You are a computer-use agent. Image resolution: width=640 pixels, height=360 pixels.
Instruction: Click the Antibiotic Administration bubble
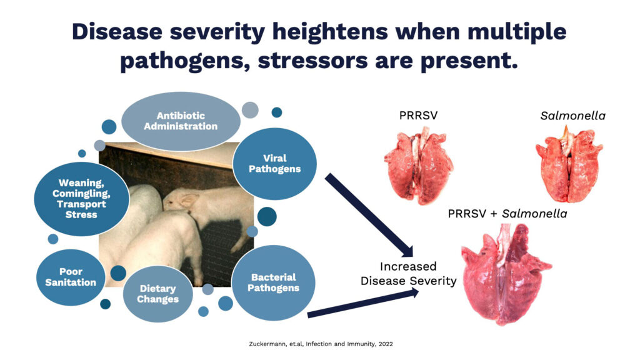point(181,121)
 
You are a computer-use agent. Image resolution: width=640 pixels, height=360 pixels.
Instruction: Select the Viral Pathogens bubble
point(275,164)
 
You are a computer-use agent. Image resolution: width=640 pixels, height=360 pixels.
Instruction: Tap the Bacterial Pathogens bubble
point(273,282)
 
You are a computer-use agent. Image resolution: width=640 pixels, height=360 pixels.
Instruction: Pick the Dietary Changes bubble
point(157,294)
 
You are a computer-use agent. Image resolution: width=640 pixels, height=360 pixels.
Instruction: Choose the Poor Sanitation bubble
point(71,277)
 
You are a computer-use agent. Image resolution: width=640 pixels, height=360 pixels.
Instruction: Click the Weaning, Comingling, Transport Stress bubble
point(81,199)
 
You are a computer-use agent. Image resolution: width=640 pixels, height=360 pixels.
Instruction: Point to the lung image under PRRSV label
point(419,165)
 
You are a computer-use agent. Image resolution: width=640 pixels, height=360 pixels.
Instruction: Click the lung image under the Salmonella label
point(569,164)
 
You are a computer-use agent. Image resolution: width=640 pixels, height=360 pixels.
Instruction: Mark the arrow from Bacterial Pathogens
point(363,302)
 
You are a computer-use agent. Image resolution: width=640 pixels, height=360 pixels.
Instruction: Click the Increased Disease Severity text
point(408,274)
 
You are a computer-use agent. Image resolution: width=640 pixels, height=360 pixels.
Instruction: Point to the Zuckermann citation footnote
point(321,344)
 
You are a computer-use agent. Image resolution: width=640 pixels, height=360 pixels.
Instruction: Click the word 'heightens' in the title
point(330,32)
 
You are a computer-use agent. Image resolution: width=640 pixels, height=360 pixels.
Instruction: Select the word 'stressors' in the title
point(312,61)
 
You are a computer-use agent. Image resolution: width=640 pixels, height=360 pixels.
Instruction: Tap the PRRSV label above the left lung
point(418,116)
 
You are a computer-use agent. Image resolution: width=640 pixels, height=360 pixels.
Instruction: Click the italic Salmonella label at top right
point(572,116)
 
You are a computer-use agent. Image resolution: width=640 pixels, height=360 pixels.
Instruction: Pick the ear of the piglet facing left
point(189,200)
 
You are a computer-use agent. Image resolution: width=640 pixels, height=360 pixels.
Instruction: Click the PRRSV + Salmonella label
point(507,214)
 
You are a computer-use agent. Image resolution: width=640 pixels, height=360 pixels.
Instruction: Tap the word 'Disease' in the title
point(117,31)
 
